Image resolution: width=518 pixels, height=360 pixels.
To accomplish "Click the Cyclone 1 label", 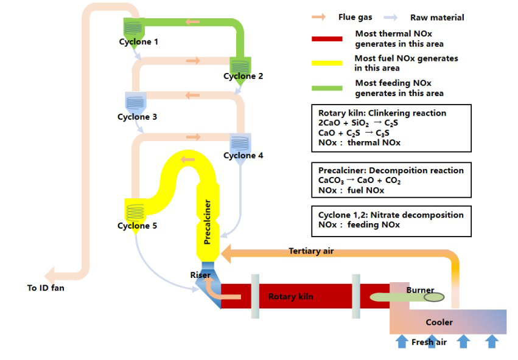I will tap(138, 42).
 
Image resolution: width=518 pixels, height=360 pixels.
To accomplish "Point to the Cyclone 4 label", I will tap(243, 156).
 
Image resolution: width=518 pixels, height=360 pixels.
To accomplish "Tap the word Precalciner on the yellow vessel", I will tap(208, 222).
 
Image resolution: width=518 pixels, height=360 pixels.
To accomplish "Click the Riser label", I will tap(200, 275).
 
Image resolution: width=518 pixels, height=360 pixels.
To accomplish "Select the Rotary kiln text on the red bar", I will tap(291, 296).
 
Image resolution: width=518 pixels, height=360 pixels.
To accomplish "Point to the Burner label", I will tap(420, 290).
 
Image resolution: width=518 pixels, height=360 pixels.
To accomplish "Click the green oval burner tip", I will tap(434, 297).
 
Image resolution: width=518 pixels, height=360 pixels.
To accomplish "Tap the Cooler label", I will tap(439, 322).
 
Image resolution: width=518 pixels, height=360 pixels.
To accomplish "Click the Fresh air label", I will tap(429, 342).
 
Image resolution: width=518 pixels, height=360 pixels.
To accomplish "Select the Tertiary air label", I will tap(311, 251).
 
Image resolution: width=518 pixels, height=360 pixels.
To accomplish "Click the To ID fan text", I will tap(46, 288).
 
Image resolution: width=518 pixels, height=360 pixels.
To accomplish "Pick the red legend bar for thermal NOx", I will tap(329, 39).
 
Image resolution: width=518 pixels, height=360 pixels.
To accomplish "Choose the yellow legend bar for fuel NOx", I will tap(329, 63).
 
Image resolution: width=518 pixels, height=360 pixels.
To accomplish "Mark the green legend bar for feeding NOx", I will tap(329, 88).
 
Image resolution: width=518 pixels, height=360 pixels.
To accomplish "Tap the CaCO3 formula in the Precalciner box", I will tap(332, 181).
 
